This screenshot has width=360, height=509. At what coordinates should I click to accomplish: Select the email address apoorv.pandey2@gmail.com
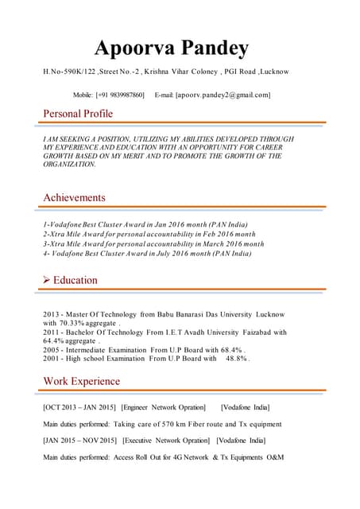click(x=224, y=95)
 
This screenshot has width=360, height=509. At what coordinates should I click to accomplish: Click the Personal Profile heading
click(x=78, y=114)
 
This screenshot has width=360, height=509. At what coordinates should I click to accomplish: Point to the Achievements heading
click(x=74, y=197)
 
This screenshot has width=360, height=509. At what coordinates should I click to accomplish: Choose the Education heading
click(x=75, y=280)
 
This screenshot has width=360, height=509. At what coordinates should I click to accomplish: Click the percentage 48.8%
click(x=237, y=358)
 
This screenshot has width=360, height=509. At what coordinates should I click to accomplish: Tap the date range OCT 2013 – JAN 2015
click(x=79, y=407)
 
